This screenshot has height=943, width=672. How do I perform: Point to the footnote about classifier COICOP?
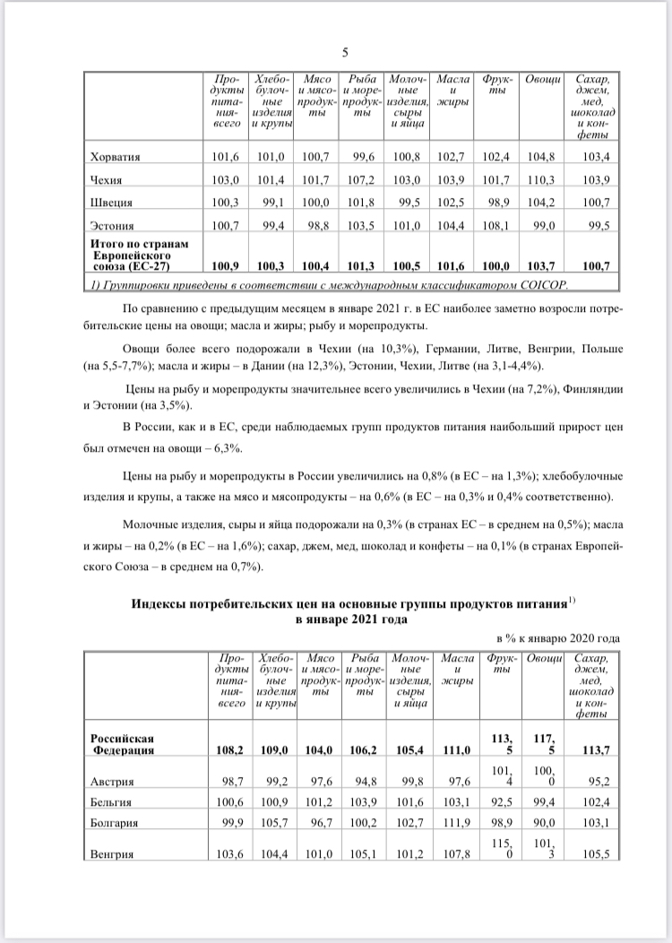(x=330, y=284)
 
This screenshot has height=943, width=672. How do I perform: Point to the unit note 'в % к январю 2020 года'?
(x=556, y=637)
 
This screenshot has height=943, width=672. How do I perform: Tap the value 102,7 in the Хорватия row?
(x=452, y=157)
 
